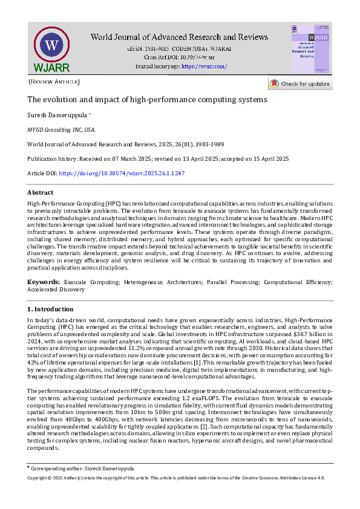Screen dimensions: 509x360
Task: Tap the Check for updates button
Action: [301, 83]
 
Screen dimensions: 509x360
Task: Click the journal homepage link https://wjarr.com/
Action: [204, 66]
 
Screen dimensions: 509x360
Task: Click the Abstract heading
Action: [41, 193]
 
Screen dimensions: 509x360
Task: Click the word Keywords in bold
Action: [43, 282]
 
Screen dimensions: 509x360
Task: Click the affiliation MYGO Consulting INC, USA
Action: [61, 129]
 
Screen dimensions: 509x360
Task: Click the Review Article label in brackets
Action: [54, 81]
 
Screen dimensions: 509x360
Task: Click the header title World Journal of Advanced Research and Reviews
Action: [181, 37]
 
